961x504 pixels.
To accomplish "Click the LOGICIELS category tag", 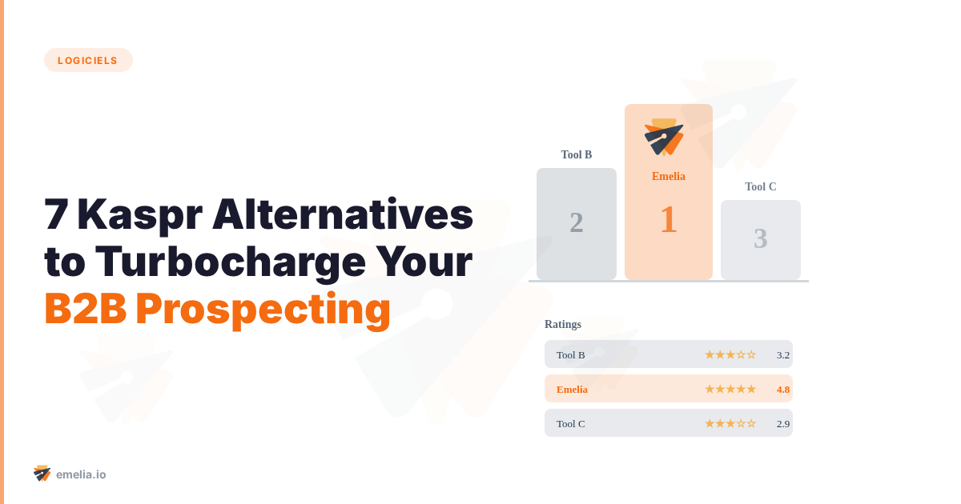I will (x=88, y=60).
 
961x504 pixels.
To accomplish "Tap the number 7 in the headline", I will (x=55, y=214).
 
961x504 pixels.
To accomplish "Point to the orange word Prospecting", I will (x=263, y=309).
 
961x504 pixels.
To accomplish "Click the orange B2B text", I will (x=85, y=309).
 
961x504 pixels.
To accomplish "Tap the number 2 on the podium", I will (x=577, y=222).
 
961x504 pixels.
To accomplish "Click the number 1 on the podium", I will (x=669, y=219).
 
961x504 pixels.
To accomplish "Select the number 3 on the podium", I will (x=761, y=238).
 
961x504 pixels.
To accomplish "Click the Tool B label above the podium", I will (x=577, y=154).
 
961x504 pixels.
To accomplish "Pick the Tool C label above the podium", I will (x=761, y=186).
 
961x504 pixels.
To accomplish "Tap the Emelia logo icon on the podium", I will (x=664, y=138).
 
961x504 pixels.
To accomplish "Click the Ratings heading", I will (x=563, y=324).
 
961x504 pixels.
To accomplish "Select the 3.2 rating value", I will (x=783, y=354).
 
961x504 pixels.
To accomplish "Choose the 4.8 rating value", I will (x=783, y=389).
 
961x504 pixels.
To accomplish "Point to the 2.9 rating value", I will (x=783, y=423).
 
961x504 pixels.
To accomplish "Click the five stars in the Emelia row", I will (x=730, y=389).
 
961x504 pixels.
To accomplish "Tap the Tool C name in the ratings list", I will (x=571, y=423).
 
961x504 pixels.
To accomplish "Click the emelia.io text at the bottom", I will (x=81, y=474).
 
